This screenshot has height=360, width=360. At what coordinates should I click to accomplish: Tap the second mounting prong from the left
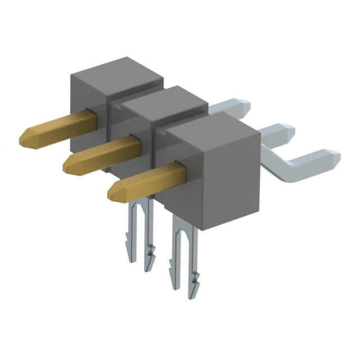pyautogui.click(x=149, y=247)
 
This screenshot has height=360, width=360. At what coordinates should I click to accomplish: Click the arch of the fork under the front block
pyautogui.click(x=183, y=231)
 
